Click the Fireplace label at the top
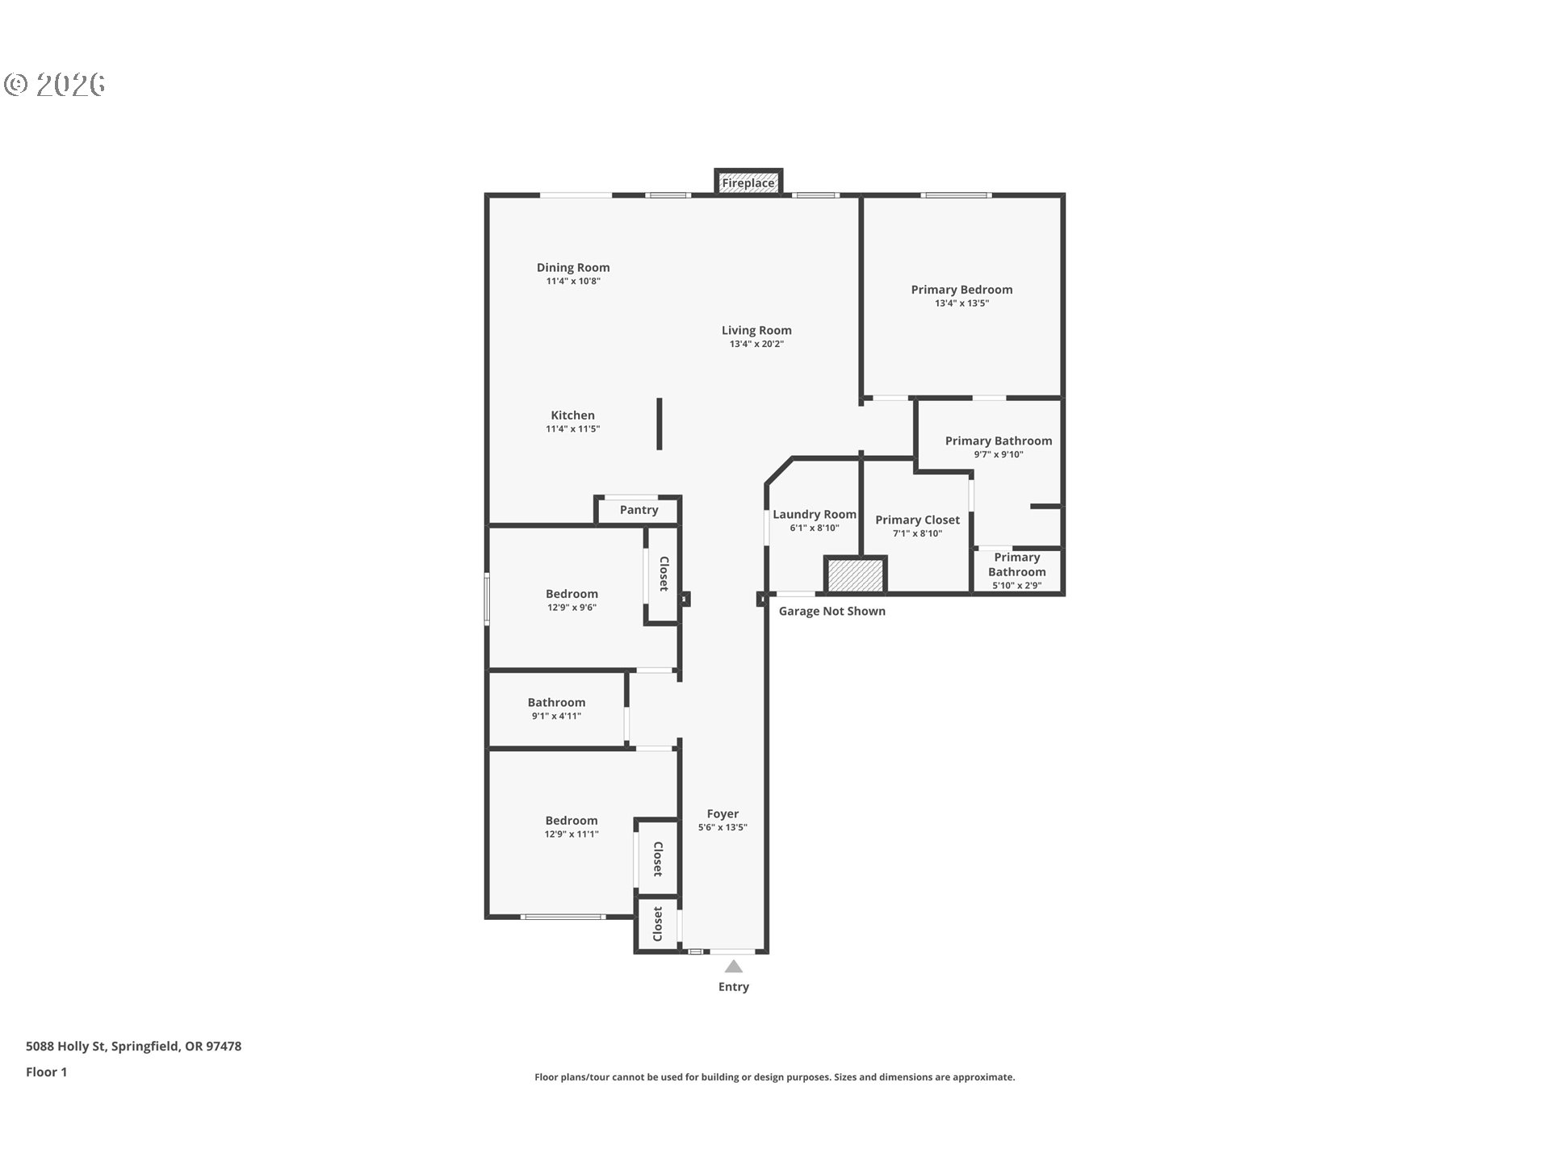(x=748, y=183)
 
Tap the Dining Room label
(x=573, y=267)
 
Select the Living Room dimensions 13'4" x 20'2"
(x=756, y=344)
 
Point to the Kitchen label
(x=572, y=415)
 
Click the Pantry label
(x=639, y=510)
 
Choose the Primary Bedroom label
(x=961, y=290)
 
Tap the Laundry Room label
(x=815, y=514)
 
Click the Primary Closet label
(x=917, y=520)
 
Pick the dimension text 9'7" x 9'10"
(x=999, y=454)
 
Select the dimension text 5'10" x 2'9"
(x=1016, y=586)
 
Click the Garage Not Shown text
(x=832, y=611)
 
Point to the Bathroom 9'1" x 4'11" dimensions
(x=556, y=716)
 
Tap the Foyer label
(x=723, y=813)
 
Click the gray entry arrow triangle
(x=733, y=967)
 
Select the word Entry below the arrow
(x=734, y=987)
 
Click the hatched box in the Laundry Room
(x=855, y=575)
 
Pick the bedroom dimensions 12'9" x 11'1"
(x=572, y=834)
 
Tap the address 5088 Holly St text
(x=66, y=1046)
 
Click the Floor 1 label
(x=46, y=1072)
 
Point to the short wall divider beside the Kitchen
(x=660, y=424)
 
